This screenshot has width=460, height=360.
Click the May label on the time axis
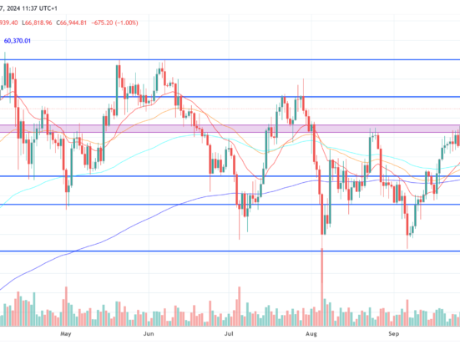(68, 332)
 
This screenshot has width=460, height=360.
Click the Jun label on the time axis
(148, 332)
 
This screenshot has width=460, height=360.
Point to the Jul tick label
(229, 332)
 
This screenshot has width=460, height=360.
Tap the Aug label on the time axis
(312, 332)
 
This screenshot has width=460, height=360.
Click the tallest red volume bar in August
(321, 284)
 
